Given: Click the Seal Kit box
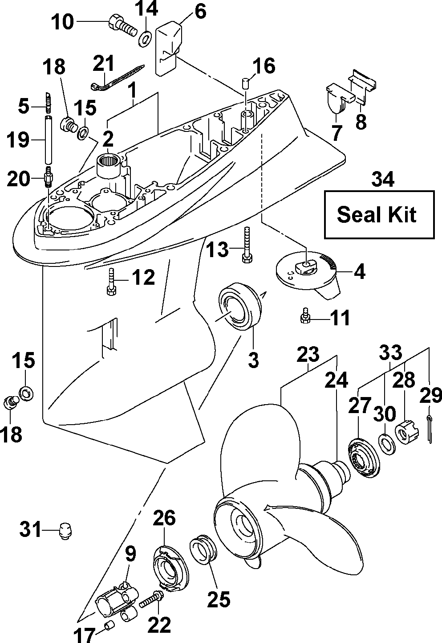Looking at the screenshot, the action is click(379, 214).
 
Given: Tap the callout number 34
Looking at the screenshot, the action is click(383, 179).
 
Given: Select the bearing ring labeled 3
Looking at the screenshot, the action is click(240, 306).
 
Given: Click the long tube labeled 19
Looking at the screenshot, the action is click(49, 140).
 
